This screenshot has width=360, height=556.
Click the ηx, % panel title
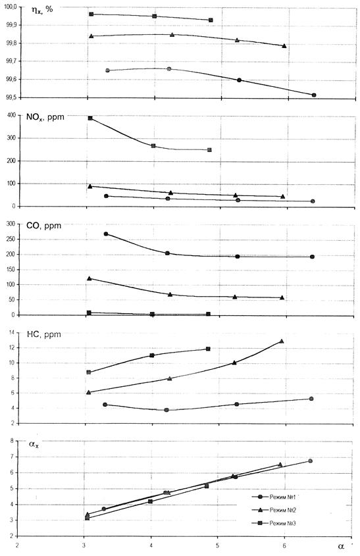click(42, 10)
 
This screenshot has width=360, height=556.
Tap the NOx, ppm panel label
click(45, 117)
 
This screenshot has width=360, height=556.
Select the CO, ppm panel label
click(43, 226)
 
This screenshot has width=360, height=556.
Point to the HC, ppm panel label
click(43, 334)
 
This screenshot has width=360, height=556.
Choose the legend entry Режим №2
click(283, 510)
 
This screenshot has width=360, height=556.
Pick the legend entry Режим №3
click(283, 523)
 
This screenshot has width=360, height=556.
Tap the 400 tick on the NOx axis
click(13, 115)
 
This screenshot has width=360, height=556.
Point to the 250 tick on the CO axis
click(13, 239)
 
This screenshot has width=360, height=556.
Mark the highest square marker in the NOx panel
click(90, 118)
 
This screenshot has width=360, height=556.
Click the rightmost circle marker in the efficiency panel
click(314, 95)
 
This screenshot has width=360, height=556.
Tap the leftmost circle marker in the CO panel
click(106, 234)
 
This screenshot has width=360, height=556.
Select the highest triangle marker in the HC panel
click(282, 341)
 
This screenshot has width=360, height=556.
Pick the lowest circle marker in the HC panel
click(167, 410)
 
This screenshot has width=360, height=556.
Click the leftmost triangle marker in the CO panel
click(90, 278)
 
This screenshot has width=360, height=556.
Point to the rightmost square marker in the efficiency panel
click(211, 20)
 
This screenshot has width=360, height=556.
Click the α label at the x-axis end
click(341, 546)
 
